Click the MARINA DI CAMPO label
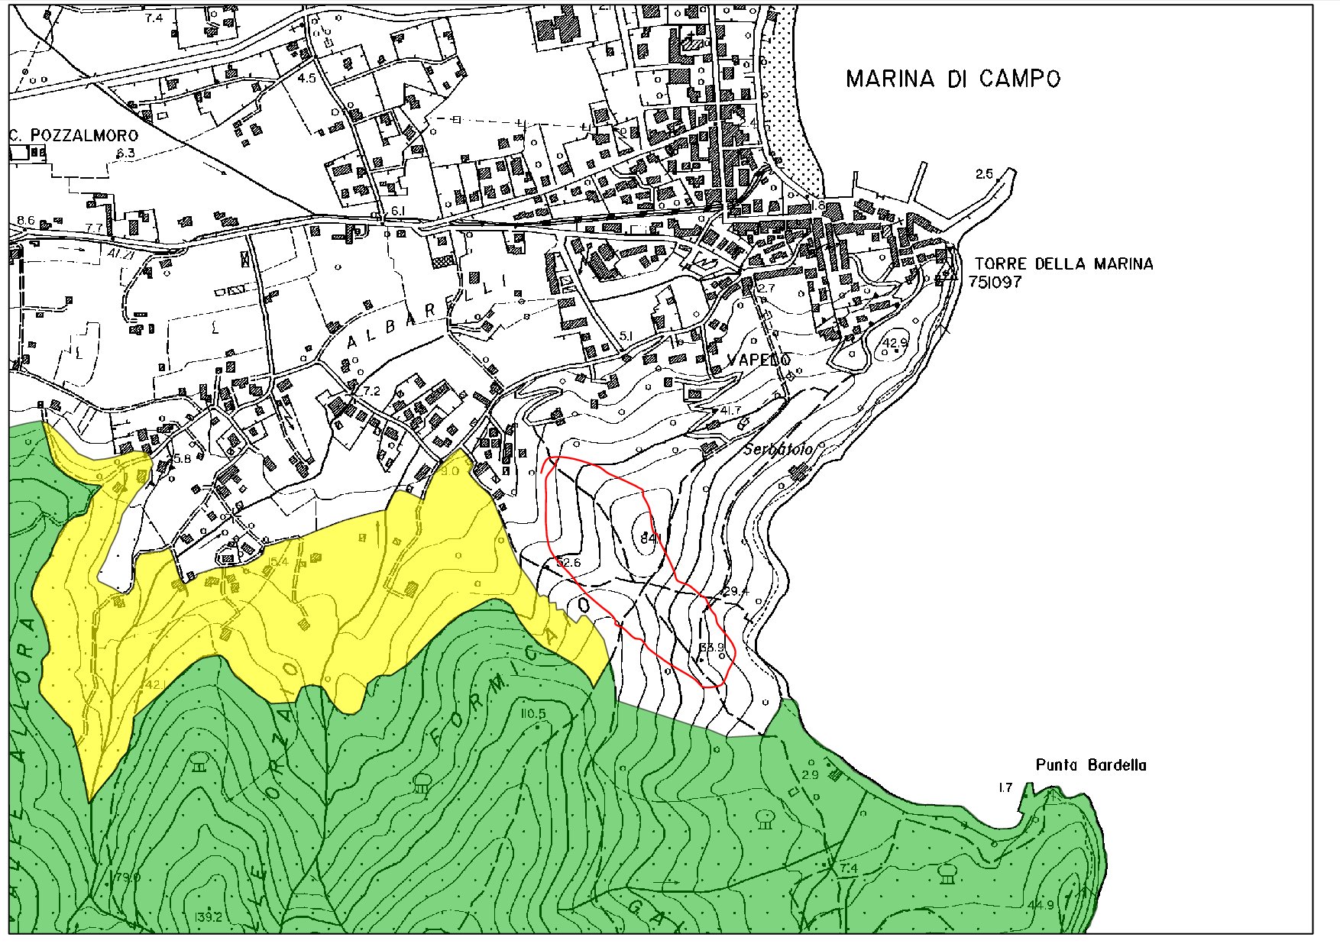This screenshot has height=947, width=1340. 953,79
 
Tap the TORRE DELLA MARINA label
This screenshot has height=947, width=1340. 1063,264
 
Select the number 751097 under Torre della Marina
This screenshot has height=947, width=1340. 995,282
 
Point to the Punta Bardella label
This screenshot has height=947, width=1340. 1091,765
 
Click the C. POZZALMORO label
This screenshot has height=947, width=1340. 74,136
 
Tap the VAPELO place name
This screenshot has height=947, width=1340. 759,360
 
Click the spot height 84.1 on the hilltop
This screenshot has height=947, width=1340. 649,540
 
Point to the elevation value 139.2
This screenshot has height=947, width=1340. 208,916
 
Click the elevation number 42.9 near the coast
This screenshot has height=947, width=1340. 894,343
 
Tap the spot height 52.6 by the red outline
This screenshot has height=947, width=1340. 568,563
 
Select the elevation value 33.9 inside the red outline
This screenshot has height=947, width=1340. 711,648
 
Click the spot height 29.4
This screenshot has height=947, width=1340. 736,591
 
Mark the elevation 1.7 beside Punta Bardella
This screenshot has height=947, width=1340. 1005,787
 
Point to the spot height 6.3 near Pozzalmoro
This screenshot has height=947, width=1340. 125,154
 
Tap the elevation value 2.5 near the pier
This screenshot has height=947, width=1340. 984,174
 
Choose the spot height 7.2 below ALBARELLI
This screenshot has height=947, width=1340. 371,391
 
